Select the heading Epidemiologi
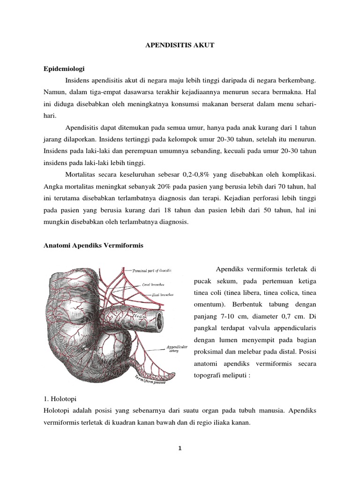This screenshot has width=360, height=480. [65, 68]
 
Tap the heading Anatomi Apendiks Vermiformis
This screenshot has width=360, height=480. [93, 245]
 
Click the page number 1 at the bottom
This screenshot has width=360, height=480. [180, 448]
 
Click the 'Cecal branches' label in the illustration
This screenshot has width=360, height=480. [153, 284]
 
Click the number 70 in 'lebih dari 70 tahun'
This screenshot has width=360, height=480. [277, 187]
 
